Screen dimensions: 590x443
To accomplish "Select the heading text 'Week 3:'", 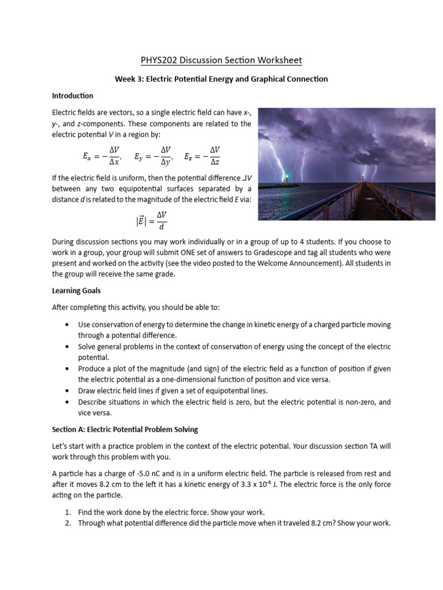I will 129,79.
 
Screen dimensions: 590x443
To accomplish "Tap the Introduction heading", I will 73,96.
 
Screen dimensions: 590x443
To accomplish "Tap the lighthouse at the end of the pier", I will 363,175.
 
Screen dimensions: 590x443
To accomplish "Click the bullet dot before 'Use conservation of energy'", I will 68,325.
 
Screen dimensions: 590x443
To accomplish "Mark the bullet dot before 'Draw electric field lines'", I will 68,391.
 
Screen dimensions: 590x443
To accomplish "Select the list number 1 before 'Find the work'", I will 67,512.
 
